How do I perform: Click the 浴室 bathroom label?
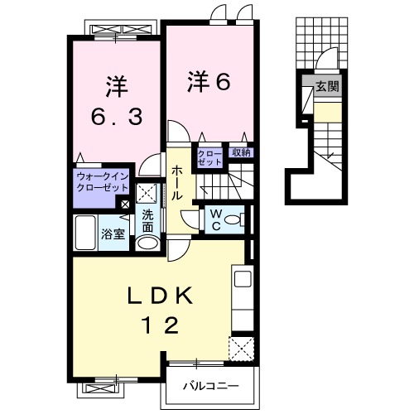click(x=114, y=234)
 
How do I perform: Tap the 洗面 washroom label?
click(x=147, y=221)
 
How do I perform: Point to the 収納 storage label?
click(x=241, y=152)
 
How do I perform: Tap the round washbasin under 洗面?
click(x=147, y=243)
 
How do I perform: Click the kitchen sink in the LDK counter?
click(x=243, y=279)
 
